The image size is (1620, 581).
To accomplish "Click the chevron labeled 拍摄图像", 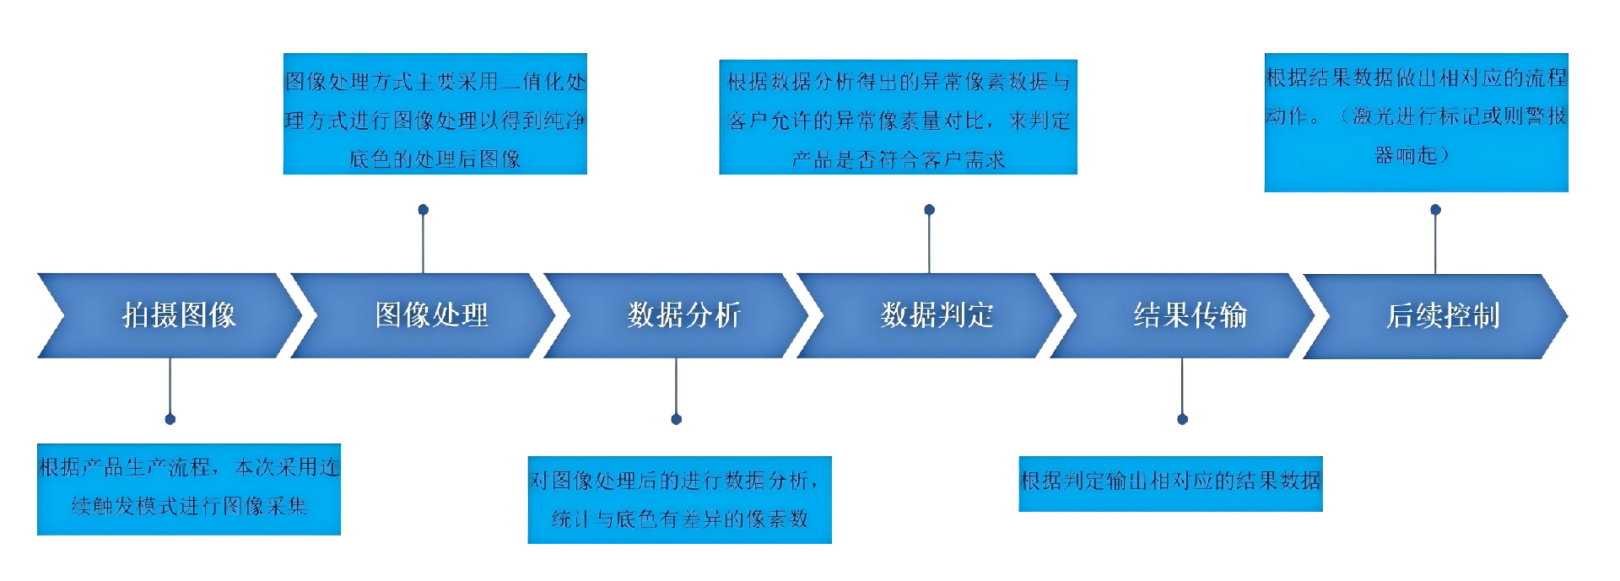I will (178, 315).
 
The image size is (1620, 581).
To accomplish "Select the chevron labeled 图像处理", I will (431, 315).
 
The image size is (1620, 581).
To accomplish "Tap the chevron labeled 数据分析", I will (683, 315).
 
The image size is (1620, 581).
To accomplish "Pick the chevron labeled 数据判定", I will (937, 315).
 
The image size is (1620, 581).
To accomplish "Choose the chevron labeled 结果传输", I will (1190, 315).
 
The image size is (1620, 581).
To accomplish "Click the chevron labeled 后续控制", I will (1443, 315).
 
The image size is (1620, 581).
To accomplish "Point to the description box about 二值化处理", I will (435, 114).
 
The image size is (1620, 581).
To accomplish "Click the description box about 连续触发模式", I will (188, 488).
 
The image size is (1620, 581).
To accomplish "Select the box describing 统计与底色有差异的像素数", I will (679, 499).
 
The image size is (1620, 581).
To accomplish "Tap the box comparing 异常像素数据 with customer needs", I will (898, 116).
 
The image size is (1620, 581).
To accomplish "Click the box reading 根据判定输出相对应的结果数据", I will (1170, 483).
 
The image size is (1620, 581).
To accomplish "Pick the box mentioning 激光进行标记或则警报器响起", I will (1416, 122).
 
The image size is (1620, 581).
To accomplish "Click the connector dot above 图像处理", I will (424, 209).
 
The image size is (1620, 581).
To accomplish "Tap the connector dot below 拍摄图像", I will (170, 419).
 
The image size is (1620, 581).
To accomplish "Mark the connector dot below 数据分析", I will (676, 419).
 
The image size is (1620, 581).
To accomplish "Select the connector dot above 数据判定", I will (929, 209).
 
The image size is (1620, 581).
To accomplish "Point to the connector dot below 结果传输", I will (1182, 419).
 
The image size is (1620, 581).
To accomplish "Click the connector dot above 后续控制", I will (1435, 209).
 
